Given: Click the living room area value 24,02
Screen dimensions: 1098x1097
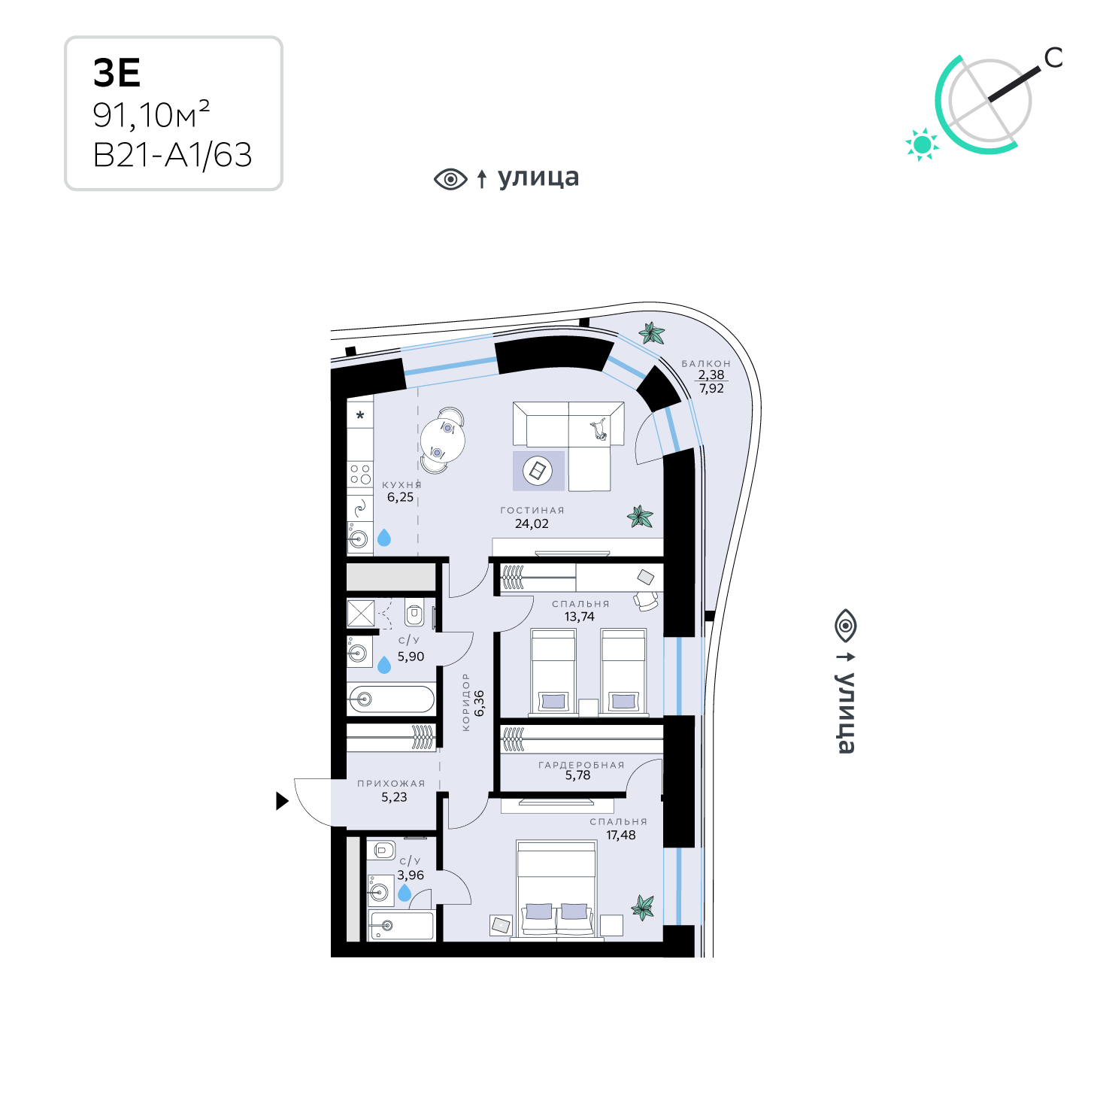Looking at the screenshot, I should [x=532, y=524].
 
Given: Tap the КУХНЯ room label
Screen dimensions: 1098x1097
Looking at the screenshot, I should [x=402, y=485].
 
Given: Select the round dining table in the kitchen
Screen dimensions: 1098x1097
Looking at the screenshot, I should [x=442, y=439].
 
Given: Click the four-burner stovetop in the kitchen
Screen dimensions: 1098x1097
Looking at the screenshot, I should [x=360, y=474].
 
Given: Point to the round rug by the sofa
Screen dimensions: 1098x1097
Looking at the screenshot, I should [x=538, y=472].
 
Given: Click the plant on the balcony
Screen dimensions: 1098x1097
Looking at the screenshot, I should [x=650, y=333].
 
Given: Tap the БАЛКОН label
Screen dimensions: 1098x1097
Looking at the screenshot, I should [x=706, y=363].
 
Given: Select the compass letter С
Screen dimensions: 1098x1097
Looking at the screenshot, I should [x=1054, y=58].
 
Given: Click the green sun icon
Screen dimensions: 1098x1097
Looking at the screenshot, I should [x=922, y=144].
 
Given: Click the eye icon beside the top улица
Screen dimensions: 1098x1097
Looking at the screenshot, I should [x=450, y=179].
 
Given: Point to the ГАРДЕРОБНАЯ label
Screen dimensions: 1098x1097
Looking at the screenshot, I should [x=581, y=765].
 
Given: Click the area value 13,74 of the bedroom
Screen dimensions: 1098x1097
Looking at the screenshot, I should [x=579, y=617].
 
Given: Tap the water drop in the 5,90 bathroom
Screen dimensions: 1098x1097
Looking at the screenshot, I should [x=384, y=665].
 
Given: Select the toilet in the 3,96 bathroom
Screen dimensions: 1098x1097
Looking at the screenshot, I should [x=383, y=851].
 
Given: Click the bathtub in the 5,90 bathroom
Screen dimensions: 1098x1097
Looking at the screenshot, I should [x=391, y=699].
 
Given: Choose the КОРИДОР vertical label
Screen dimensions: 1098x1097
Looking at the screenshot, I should [x=465, y=702].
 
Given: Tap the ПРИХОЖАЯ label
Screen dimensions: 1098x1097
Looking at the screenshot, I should [x=391, y=784].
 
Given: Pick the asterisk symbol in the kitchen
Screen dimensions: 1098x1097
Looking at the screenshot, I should [x=360, y=415].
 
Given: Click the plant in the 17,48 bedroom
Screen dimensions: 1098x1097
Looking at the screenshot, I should [x=643, y=907].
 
